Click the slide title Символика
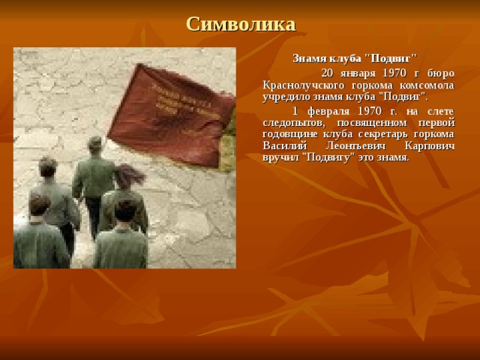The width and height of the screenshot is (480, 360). pos(240,24)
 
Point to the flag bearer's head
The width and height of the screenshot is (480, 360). pos(95,144)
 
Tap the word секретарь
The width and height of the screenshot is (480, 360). pos(380,134)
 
